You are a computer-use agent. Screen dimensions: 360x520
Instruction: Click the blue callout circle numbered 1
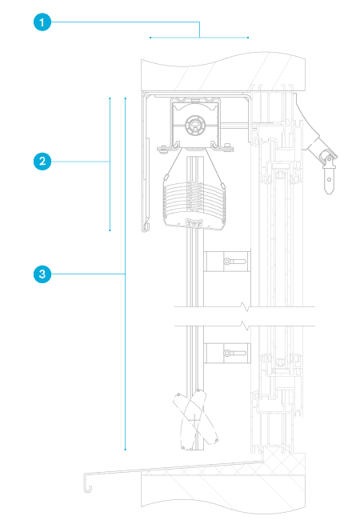(x=42, y=22)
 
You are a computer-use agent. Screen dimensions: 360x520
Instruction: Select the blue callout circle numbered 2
(x=42, y=162)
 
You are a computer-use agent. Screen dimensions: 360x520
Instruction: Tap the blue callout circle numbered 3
(x=42, y=274)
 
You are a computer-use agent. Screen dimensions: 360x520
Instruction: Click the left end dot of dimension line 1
(x=150, y=38)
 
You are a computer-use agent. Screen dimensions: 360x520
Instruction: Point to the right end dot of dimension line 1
(x=248, y=38)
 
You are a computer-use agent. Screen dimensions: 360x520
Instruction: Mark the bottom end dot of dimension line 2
(x=110, y=230)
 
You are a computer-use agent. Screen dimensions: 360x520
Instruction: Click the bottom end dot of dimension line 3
(x=126, y=450)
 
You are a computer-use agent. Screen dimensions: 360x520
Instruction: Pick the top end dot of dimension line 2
(x=110, y=98)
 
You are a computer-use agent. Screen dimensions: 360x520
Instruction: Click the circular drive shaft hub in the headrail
(x=195, y=125)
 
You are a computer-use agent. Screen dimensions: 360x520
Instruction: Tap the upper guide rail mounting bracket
(x=226, y=262)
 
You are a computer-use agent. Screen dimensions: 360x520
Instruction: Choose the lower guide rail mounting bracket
(x=226, y=353)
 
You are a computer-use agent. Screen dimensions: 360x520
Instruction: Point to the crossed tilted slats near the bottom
(x=195, y=419)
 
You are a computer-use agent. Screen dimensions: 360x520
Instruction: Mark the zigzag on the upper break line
(x=246, y=306)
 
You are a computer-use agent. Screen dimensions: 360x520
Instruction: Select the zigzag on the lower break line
(x=246, y=326)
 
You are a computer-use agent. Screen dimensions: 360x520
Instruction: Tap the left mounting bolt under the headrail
(x=162, y=149)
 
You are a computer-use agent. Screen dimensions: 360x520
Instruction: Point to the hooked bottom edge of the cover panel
(x=146, y=227)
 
